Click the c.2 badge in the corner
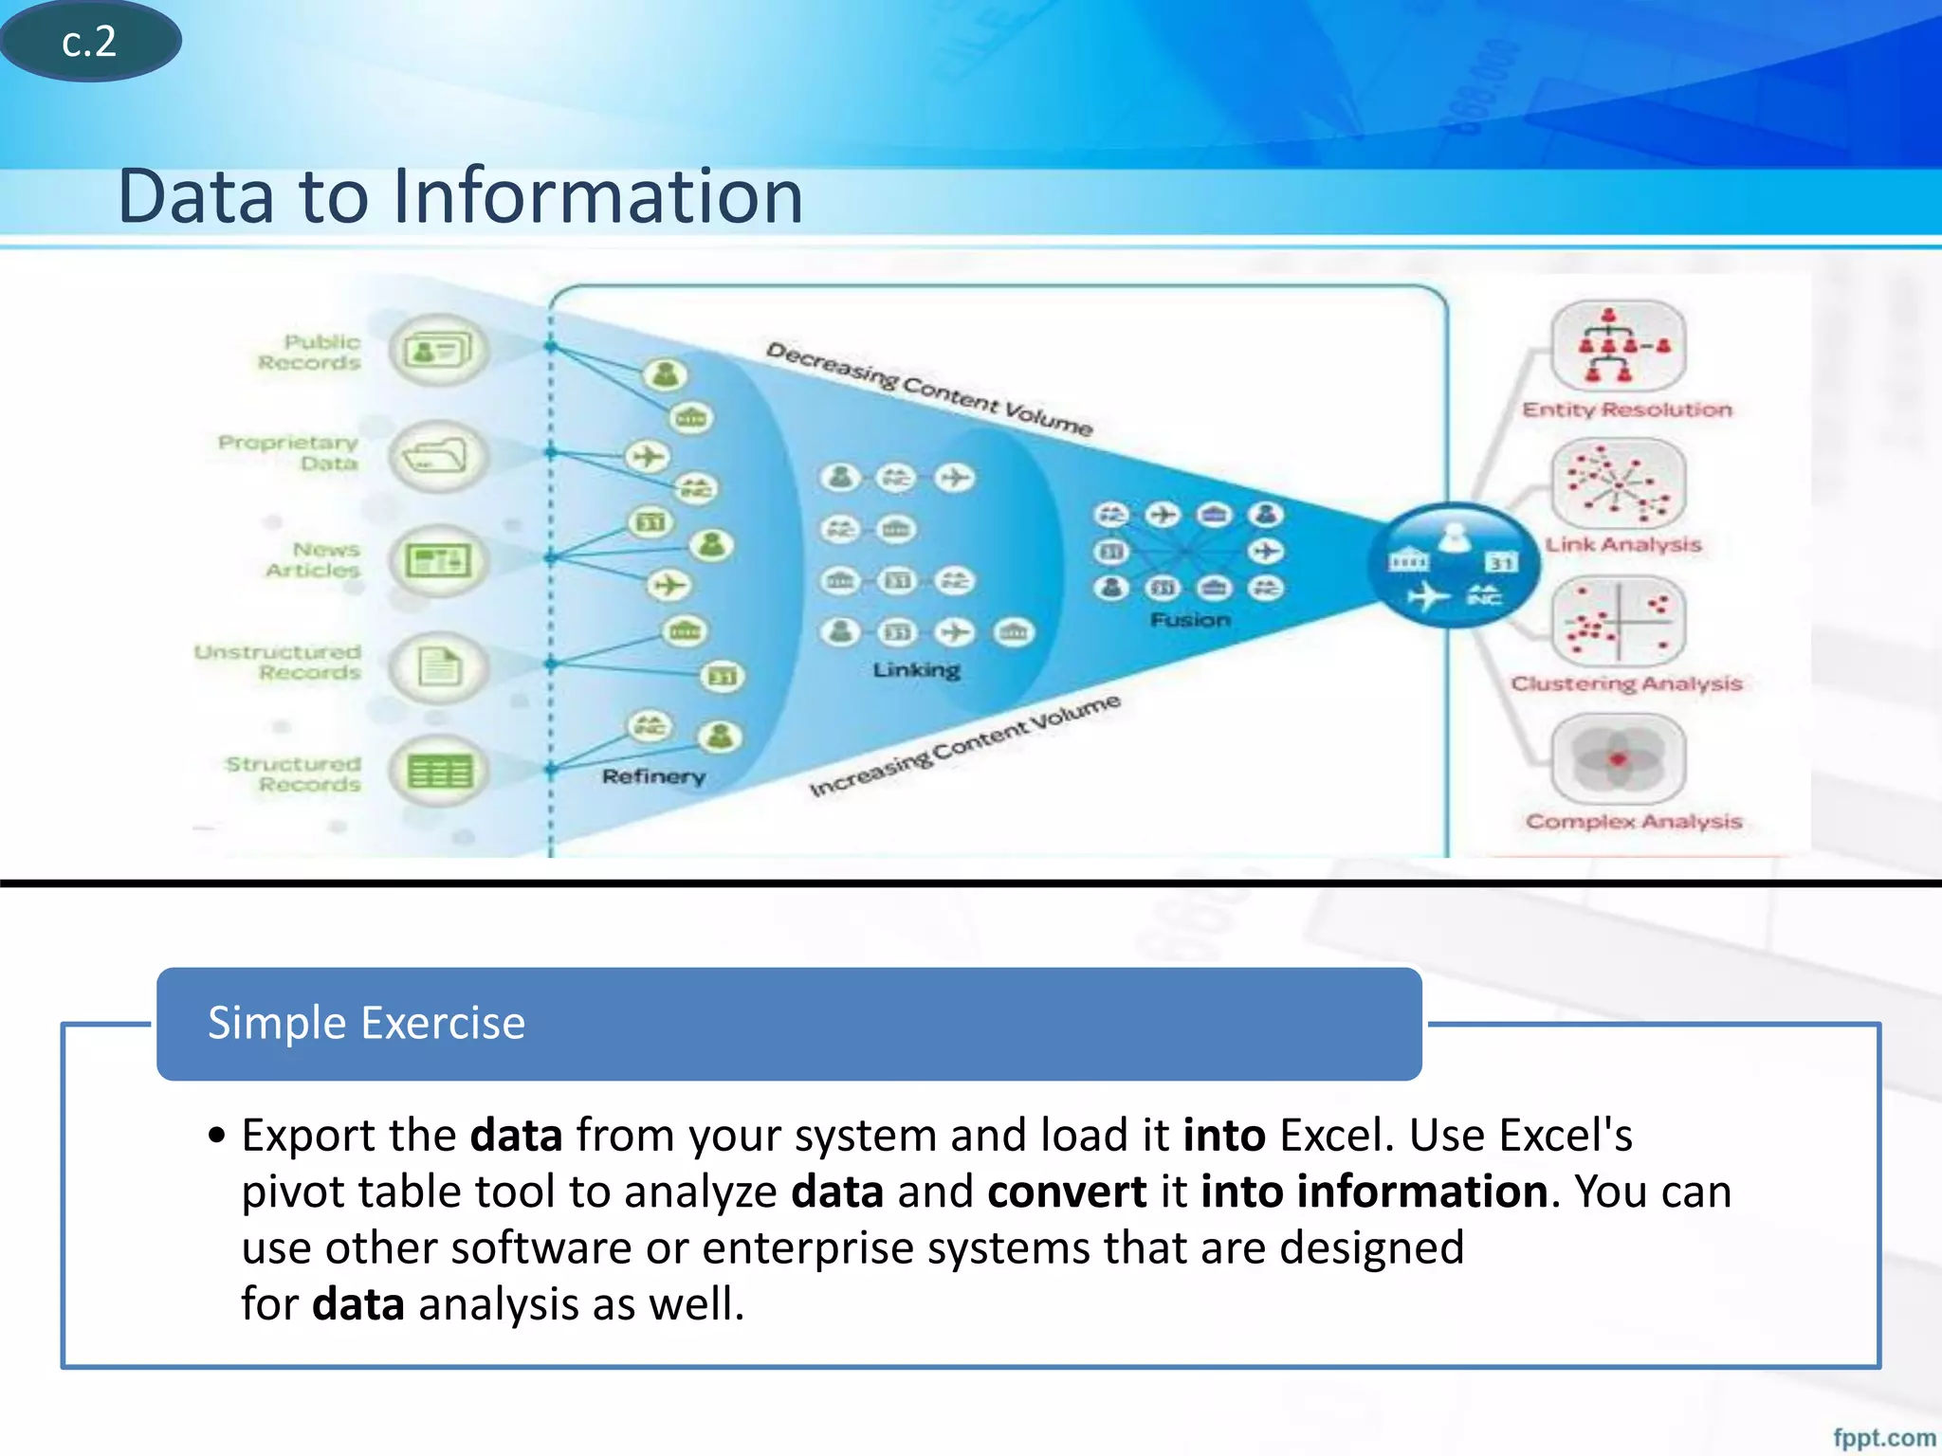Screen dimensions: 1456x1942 coord(89,41)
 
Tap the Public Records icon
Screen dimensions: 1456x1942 coord(438,351)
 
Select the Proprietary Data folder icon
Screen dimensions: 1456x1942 coord(438,457)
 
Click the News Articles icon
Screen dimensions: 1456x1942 coord(438,560)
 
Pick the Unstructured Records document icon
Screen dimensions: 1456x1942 coord(438,666)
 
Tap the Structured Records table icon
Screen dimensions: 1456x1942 coord(438,772)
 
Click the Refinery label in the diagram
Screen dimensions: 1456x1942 coord(653,776)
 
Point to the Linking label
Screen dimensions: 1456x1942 coord(916,670)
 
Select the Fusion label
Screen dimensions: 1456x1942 coord(1190,620)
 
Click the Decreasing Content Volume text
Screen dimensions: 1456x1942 coord(928,389)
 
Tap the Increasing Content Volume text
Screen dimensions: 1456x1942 coord(964,746)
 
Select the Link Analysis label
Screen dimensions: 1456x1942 coord(1623,545)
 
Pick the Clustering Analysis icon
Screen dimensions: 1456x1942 coord(1618,622)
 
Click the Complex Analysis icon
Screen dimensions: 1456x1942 coord(1618,759)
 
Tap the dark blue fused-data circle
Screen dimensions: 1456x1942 coord(1453,565)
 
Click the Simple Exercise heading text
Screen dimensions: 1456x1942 coord(366,1024)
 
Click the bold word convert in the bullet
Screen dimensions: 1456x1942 coord(1067,1192)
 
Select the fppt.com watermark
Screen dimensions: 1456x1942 coord(1883,1437)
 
